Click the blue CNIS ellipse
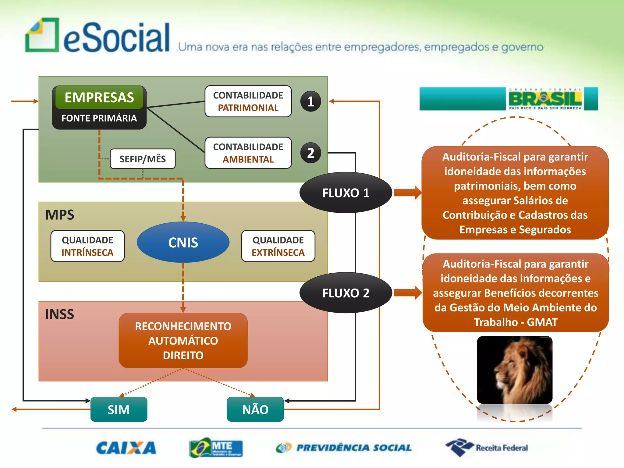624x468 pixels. click(183, 242)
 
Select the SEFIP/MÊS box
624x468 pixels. click(143, 159)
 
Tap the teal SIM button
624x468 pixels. click(119, 409)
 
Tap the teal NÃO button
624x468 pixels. click(255, 409)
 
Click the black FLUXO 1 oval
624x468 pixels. click(346, 193)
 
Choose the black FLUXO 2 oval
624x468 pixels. click(346, 293)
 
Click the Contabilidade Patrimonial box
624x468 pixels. click(248, 101)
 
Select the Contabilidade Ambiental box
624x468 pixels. click(248, 153)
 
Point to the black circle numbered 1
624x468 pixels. click(310, 101)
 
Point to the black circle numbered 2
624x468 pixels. click(310, 153)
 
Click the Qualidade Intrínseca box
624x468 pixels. click(87, 246)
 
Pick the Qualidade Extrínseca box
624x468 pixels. click(278, 246)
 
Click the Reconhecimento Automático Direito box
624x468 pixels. click(183, 340)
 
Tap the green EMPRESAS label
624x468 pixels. click(99, 97)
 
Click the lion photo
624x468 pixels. click(515, 370)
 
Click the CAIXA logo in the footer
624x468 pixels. click(126, 448)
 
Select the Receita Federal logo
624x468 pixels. click(487, 448)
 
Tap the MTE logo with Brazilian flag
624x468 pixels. click(216, 448)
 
